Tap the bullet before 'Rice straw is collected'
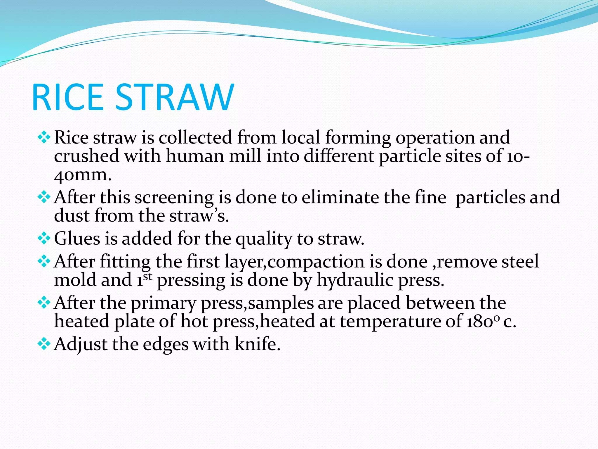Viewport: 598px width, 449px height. point(44,137)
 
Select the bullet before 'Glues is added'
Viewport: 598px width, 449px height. point(44,239)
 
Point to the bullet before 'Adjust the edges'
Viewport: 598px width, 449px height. point(44,344)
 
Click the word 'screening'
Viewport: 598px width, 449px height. point(174,198)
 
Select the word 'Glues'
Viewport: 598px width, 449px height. point(77,239)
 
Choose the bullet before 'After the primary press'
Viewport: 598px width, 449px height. point(44,303)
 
